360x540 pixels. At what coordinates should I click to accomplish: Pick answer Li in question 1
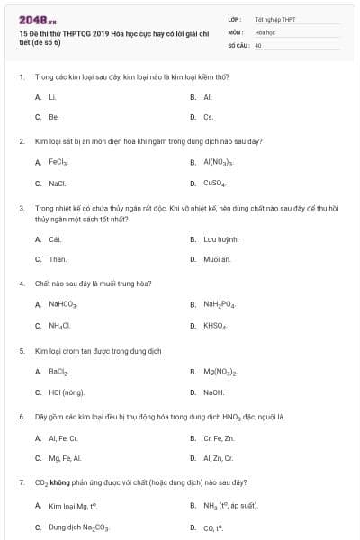click(53, 96)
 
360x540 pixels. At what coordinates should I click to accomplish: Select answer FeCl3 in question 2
click(59, 163)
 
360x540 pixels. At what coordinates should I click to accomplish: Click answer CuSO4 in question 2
click(214, 184)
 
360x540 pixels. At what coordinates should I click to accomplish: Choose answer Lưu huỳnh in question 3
click(220, 239)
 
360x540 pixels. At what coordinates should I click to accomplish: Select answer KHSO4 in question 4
click(214, 325)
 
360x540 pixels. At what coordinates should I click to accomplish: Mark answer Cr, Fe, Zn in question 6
click(219, 438)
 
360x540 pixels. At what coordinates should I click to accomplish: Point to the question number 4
click(22, 283)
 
